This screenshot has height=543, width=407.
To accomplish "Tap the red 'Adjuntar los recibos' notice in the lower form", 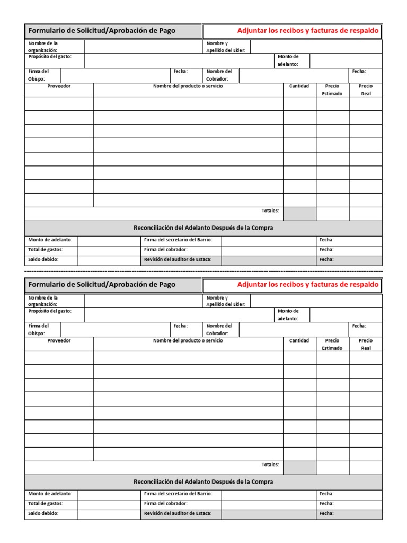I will [308, 285].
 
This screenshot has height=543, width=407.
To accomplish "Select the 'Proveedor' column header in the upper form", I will [59, 86].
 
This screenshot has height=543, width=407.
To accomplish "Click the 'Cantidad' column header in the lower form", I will [299, 340].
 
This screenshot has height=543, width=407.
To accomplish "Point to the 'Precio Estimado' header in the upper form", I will [332, 90].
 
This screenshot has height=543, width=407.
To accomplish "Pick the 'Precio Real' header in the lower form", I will [365, 344].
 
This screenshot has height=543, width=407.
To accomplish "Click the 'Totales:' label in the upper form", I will [270, 211].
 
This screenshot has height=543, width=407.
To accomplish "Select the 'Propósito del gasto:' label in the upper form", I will [50, 56].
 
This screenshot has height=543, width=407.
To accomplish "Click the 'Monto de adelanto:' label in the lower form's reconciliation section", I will [50, 494].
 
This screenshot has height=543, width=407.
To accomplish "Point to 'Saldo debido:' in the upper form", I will [43, 259].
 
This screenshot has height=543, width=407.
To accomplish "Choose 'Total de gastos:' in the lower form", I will [46, 503].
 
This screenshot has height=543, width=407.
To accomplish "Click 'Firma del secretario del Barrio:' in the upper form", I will [178, 240].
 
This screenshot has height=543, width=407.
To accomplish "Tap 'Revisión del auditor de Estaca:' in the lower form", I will [178, 513].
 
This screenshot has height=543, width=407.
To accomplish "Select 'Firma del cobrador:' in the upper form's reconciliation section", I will [166, 249].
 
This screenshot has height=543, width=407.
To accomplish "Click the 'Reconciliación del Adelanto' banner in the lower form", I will [203, 482].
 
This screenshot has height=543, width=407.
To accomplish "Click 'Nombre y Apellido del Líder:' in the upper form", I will [225, 47].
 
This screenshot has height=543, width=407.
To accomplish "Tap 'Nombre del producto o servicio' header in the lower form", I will [188, 340].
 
